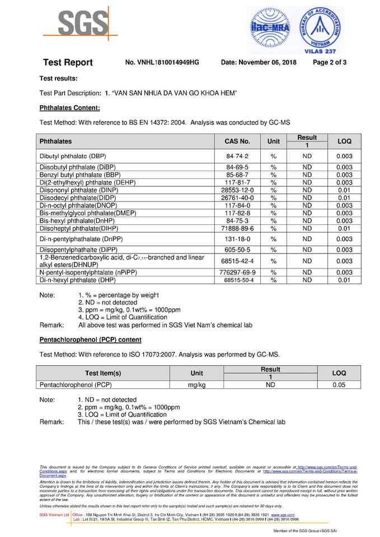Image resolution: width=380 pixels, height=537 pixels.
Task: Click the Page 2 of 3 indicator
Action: point(330,63)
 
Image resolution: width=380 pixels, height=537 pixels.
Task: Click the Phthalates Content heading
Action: point(70,107)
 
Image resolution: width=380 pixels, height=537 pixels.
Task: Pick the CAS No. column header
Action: point(237,142)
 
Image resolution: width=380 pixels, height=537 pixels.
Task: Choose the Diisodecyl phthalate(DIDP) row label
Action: point(77,198)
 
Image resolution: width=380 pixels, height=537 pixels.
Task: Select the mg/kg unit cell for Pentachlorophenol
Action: point(197,385)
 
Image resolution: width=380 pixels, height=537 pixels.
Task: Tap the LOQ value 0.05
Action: point(339,385)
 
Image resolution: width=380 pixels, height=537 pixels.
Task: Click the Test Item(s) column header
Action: point(103,373)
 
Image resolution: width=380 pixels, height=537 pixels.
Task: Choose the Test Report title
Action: point(68,63)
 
